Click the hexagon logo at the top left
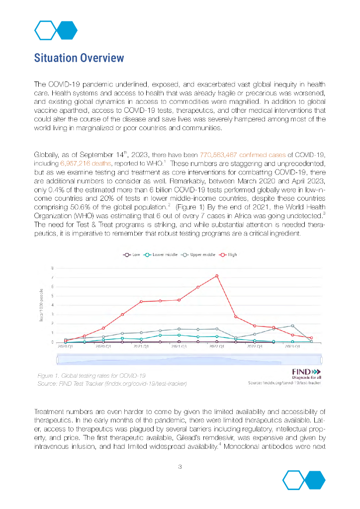tap(56, 30)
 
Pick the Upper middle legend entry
tap(198, 254)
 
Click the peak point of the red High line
tap(217, 276)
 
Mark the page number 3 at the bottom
tap(180, 466)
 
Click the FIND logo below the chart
tap(305, 373)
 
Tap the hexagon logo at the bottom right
tap(304, 480)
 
